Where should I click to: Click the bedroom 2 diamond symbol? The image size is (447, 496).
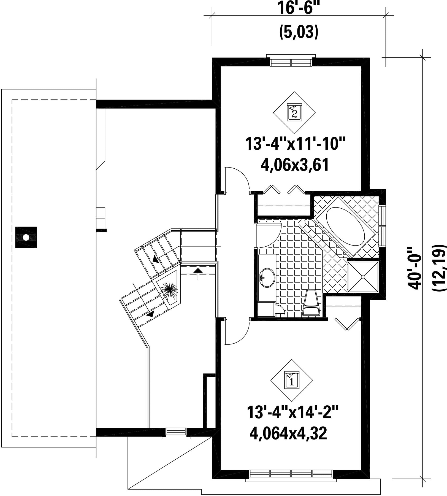point(294,112)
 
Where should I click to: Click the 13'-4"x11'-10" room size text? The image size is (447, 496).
point(295,144)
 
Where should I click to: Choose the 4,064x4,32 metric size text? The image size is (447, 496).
point(288,434)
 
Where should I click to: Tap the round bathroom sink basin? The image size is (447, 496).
point(267,277)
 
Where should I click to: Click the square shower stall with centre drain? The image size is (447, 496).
point(363,277)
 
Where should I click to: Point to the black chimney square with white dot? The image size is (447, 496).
point(26,238)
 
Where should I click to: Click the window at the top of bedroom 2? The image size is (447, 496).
point(291,61)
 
